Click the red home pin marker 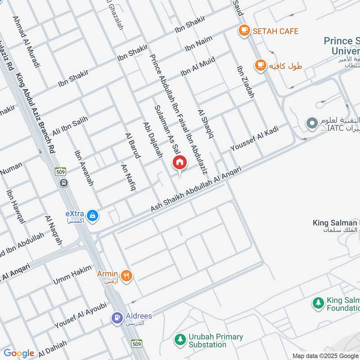(x=180, y=162)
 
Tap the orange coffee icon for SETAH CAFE (x=244, y=31)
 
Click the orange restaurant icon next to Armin (x=127, y=275)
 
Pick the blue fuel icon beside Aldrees (x=117, y=318)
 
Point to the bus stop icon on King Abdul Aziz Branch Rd (x=64, y=183)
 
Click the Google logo (x=19, y=353)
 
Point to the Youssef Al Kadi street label (x=254, y=138)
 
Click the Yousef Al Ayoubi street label (x=81, y=315)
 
